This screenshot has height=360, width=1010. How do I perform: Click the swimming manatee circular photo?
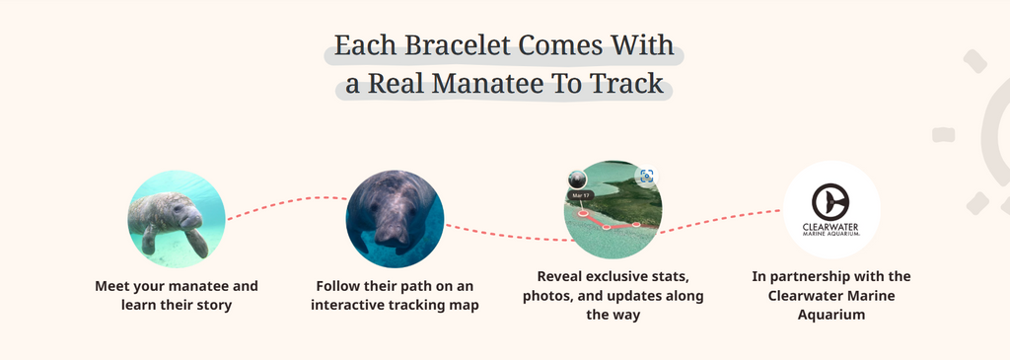point(177,219)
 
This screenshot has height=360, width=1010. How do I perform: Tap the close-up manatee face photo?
point(395,219)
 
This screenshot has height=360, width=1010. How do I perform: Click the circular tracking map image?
point(613,210)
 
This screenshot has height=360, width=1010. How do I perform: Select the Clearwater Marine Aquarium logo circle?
point(830,210)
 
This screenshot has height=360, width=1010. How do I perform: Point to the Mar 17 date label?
point(581,195)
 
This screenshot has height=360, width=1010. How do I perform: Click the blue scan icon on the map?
point(647,176)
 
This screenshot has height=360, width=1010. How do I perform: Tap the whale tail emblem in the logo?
point(830,201)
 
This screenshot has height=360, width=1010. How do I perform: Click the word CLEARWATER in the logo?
point(830,227)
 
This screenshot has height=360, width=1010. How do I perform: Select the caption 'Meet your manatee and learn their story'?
point(177,295)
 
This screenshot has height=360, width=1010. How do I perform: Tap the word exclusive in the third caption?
point(656,277)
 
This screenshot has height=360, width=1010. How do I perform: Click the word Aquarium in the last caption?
point(830,315)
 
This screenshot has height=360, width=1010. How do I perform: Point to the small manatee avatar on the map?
point(577,180)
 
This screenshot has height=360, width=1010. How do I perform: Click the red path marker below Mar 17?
point(583,212)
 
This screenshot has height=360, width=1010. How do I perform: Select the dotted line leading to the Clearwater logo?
point(719,220)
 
